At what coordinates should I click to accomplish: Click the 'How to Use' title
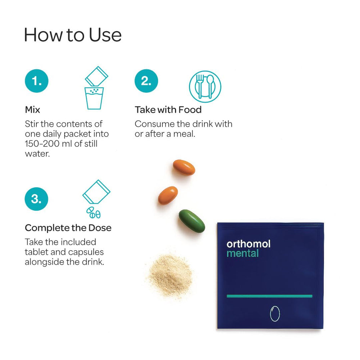coord(73,35)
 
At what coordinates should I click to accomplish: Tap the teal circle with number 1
coord(37,81)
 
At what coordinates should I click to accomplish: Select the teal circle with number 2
coord(146,81)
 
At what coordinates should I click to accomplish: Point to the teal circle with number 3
coord(37,199)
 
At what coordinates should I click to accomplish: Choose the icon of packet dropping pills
coord(96,199)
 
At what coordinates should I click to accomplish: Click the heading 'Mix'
coord(32,109)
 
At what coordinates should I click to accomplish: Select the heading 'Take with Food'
coord(168,109)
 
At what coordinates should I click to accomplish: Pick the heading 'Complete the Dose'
coord(68,228)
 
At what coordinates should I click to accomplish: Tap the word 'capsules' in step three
coord(85,252)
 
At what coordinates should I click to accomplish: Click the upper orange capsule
coord(184,167)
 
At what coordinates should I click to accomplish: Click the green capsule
coord(192,221)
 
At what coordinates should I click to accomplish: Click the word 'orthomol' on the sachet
coord(248,244)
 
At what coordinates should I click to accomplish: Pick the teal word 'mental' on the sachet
coord(242,253)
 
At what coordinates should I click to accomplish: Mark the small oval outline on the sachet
coord(275,313)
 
